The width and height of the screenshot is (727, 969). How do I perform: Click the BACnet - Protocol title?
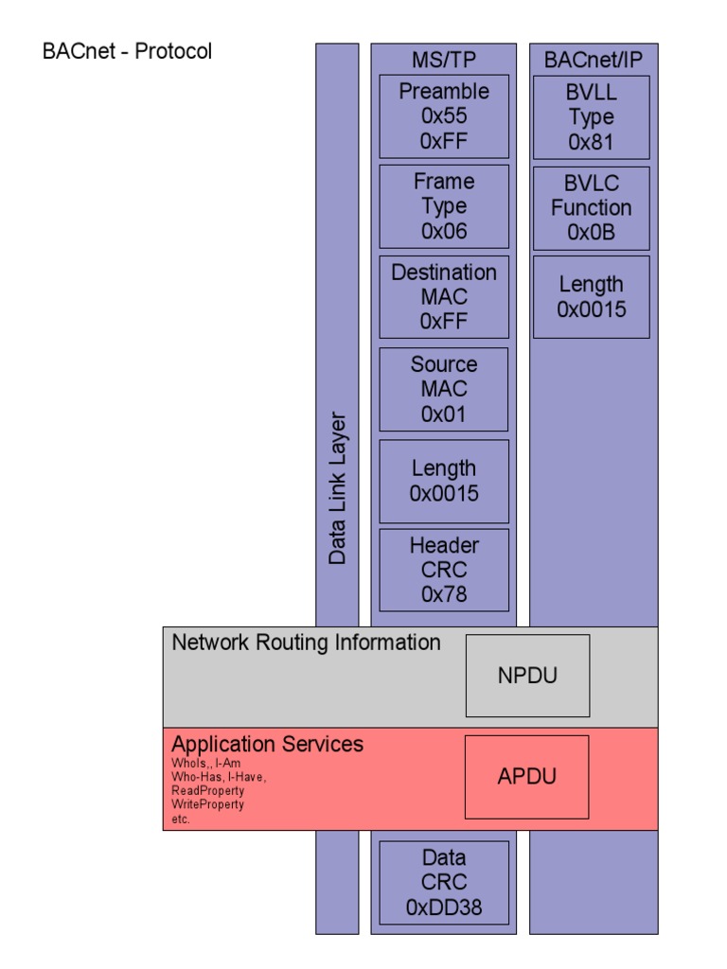[x=127, y=51]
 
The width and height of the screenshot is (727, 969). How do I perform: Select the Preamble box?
[x=444, y=116]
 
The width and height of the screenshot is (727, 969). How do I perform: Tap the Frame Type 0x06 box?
[x=444, y=206]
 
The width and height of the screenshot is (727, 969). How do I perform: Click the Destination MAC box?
[x=444, y=296]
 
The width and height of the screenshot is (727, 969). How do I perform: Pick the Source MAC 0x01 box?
[x=444, y=389]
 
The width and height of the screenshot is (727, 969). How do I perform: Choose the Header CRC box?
[x=444, y=570]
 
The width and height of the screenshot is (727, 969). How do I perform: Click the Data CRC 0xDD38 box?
[x=444, y=883]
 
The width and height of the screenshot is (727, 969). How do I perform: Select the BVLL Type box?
[x=592, y=117]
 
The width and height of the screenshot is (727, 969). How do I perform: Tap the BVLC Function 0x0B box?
[x=592, y=208]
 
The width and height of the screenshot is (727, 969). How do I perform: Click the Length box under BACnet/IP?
[x=592, y=296]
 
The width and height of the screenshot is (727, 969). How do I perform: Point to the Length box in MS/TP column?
[x=444, y=481]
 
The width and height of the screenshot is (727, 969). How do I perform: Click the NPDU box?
[x=527, y=676]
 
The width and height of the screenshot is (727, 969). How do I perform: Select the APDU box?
[x=526, y=777]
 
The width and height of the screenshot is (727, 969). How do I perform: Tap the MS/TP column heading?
[x=444, y=61]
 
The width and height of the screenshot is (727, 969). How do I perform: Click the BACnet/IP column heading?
[x=593, y=61]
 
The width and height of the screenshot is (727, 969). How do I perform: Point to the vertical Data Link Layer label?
[x=338, y=488]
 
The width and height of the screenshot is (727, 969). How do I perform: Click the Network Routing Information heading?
[x=306, y=643]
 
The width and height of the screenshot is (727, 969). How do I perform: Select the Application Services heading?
[x=267, y=745]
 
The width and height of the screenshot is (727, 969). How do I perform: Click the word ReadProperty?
[x=207, y=790]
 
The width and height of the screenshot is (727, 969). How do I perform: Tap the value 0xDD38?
[x=444, y=907]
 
